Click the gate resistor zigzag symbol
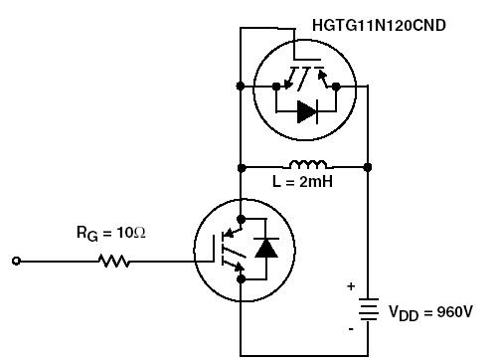(x=113, y=261)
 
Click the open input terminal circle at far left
(x=16, y=261)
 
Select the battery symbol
(x=369, y=311)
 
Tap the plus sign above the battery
(x=350, y=287)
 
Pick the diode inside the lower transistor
(x=265, y=248)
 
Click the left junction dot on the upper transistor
(x=241, y=87)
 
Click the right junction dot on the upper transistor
(x=336, y=87)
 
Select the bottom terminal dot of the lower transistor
(x=241, y=281)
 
